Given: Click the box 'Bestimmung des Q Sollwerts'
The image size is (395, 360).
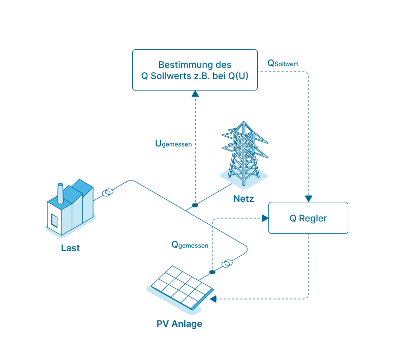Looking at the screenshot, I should pyautogui.click(x=195, y=70).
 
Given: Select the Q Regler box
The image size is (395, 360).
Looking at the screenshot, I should pyautogui.click(x=308, y=218).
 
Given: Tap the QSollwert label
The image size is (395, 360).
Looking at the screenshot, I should pyautogui.click(x=283, y=64).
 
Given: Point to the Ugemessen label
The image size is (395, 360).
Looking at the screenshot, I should pyautogui.click(x=173, y=144).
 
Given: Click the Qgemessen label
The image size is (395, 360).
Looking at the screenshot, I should pyautogui.click(x=190, y=245).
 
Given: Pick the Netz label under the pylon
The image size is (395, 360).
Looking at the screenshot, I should pyautogui.click(x=244, y=198).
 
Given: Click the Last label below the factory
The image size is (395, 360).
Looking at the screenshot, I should pyautogui.click(x=70, y=248).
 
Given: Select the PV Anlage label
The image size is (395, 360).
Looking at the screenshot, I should pyautogui.click(x=179, y=324).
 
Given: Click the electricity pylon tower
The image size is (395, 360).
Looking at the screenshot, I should pyautogui.click(x=244, y=153).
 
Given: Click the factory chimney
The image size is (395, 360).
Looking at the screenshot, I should pyautogui.click(x=60, y=193).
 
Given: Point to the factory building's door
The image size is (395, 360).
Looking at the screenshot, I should pyautogui.click(x=54, y=220).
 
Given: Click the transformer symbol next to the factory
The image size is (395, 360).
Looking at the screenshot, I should pyautogui.click(x=107, y=193).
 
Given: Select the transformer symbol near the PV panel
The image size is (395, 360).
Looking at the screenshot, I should pyautogui.click(x=227, y=263).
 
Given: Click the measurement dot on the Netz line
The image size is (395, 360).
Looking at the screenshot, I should pyautogui.click(x=195, y=205).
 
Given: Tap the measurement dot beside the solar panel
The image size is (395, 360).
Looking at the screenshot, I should pyautogui.click(x=212, y=272).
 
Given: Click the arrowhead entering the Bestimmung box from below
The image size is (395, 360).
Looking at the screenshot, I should pyautogui.click(x=195, y=94).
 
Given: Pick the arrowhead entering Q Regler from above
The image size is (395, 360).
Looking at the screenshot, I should pyautogui.click(x=308, y=198).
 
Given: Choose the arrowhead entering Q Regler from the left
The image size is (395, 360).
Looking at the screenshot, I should pyautogui.click(x=264, y=218).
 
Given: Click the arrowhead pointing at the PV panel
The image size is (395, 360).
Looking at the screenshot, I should pyautogui.click(x=213, y=298).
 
